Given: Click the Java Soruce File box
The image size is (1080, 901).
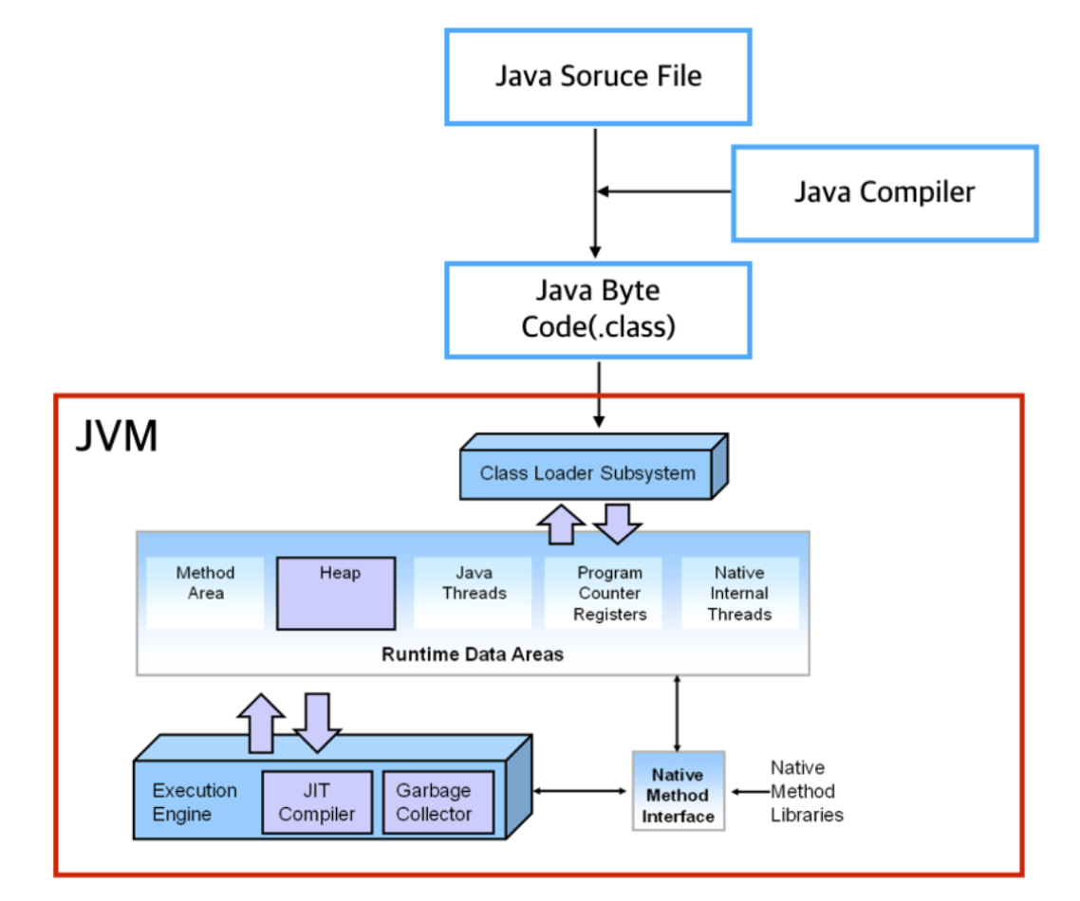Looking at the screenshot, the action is (x=598, y=77).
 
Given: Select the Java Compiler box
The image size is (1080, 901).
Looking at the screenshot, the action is (x=885, y=193).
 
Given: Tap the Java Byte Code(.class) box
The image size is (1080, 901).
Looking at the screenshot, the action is (x=598, y=310).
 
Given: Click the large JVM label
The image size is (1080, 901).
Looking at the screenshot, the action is (x=117, y=435).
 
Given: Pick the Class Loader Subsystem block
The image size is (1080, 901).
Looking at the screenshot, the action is (x=594, y=466).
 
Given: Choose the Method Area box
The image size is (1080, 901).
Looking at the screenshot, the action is (x=205, y=593).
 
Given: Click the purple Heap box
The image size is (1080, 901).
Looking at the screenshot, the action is (x=336, y=594).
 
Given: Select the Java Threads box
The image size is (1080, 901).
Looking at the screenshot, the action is (x=474, y=593).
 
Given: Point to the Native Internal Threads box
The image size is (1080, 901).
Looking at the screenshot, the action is (x=739, y=593).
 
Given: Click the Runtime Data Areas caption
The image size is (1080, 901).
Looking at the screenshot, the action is (x=473, y=653).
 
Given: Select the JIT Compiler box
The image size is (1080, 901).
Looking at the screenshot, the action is (x=318, y=801).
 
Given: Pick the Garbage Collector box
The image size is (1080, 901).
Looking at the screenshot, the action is (x=438, y=801).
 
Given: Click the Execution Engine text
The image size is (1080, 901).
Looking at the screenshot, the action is (x=195, y=801).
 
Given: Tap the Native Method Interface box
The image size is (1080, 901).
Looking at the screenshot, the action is (x=679, y=791).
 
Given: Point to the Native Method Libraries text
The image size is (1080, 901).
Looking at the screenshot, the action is (x=807, y=791).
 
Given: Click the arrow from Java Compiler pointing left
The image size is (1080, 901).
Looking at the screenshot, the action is (x=664, y=192).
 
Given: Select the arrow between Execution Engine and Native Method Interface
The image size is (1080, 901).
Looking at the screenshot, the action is (x=580, y=791).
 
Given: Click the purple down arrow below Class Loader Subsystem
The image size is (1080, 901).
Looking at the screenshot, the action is (x=617, y=524).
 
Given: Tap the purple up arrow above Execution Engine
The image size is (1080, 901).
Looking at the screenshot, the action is (x=261, y=723).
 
